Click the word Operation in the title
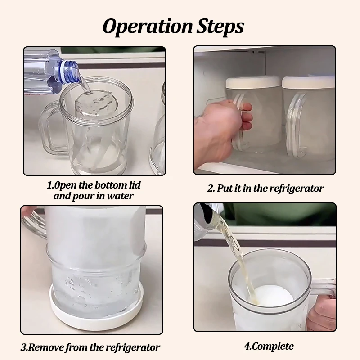pyautogui.click(x=148, y=27)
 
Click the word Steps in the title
pyautogui.click(x=220, y=27)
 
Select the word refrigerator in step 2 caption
pyautogui.click(x=297, y=189)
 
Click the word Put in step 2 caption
pyautogui.click(x=224, y=189)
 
